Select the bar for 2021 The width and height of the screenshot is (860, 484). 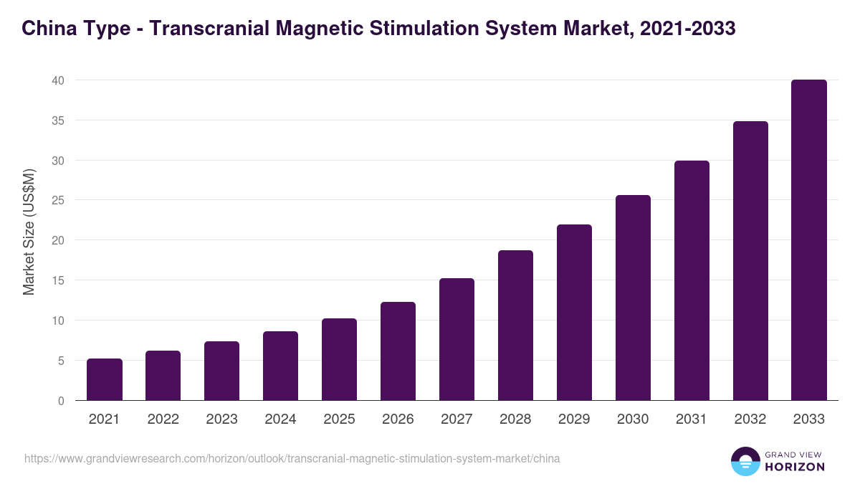pyautogui.click(x=105, y=379)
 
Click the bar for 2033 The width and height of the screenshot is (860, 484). pyautogui.click(x=809, y=240)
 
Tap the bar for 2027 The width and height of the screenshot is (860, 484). pyautogui.click(x=457, y=339)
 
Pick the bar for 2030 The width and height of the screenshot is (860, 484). pyautogui.click(x=633, y=298)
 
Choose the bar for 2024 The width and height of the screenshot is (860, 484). pyautogui.click(x=280, y=366)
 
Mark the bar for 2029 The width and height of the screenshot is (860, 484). pyautogui.click(x=574, y=313)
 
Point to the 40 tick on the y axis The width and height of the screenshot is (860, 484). pyautogui.click(x=58, y=80)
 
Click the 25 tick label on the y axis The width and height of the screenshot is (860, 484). pyautogui.click(x=58, y=200)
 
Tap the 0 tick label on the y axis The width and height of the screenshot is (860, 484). pyautogui.click(x=62, y=401)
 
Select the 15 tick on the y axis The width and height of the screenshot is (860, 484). pyautogui.click(x=58, y=280)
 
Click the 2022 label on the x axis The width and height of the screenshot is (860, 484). pyautogui.click(x=163, y=419)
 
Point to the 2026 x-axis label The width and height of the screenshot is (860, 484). pyautogui.click(x=398, y=419)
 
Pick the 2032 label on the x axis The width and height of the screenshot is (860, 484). pyautogui.click(x=750, y=419)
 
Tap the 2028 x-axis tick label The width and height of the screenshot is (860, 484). pyautogui.click(x=515, y=419)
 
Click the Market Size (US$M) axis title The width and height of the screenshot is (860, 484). pyautogui.click(x=29, y=232)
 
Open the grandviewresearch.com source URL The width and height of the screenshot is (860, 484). pyautogui.click(x=292, y=458)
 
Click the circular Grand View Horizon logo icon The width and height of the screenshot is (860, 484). pyautogui.click(x=745, y=462)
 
